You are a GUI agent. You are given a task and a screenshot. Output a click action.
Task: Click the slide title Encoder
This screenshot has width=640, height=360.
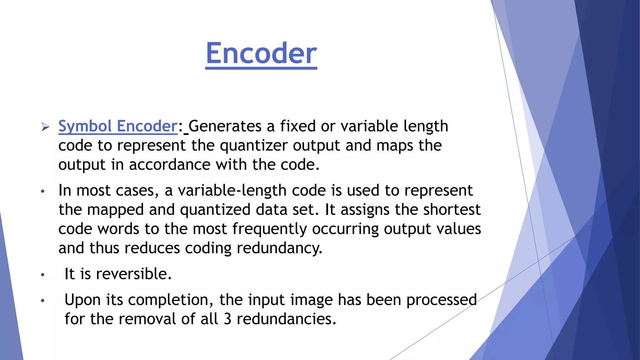coord(261,53)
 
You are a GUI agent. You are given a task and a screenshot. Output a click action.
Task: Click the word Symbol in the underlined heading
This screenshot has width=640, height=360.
coord(85,126)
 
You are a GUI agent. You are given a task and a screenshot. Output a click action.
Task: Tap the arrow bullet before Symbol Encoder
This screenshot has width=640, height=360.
coord(45,127)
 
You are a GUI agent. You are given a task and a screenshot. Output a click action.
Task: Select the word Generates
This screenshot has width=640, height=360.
coord(225,126)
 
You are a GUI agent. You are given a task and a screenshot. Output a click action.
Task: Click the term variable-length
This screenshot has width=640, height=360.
coord(232,191)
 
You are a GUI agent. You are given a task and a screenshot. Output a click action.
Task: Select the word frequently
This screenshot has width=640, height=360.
coord(269,229)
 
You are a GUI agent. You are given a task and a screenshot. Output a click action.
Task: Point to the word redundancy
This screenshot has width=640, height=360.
coord(279,248)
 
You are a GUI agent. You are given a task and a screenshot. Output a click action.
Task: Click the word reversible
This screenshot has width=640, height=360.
coord(133,274)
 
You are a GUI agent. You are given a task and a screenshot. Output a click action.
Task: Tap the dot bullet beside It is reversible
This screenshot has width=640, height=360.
coord(43,275)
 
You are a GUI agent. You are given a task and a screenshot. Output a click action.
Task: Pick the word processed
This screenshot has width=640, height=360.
coord(441,300)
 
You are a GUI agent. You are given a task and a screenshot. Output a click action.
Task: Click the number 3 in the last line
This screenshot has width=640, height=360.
coord(227,319)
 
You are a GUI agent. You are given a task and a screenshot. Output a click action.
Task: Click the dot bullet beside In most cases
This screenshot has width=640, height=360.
coord(43,191)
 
